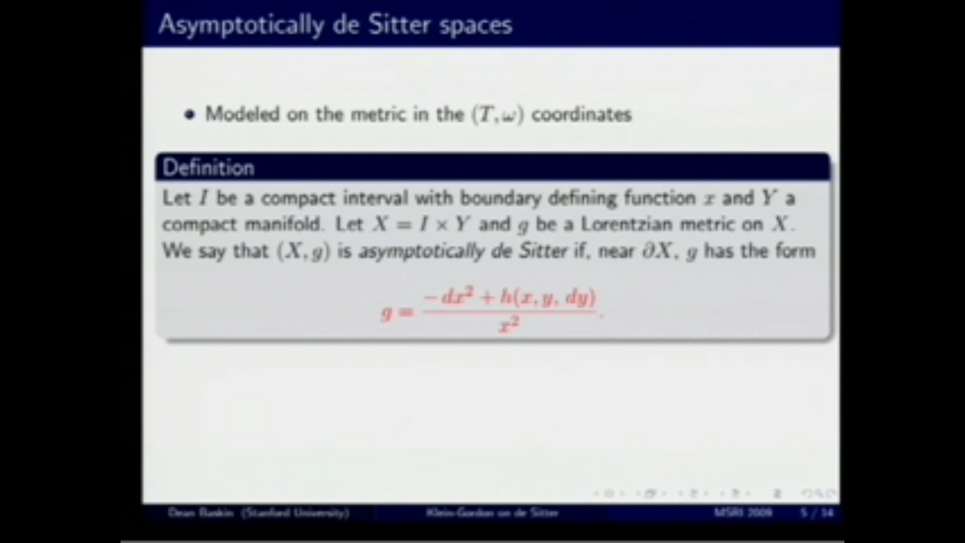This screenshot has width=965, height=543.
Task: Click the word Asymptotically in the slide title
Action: tap(241, 25)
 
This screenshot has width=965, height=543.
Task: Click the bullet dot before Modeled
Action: tap(189, 115)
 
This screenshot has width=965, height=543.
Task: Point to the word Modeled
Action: tap(242, 114)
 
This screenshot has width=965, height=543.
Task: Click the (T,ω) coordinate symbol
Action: tap(498, 115)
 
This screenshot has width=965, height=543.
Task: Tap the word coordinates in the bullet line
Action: tap(582, 115)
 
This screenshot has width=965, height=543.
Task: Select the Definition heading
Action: tap(209, 168)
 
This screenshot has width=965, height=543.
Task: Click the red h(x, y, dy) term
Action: tap(548, 298)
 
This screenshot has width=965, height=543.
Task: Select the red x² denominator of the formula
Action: tap(509, 325)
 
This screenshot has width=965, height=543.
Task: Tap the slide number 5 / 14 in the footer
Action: tap(817, 513)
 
